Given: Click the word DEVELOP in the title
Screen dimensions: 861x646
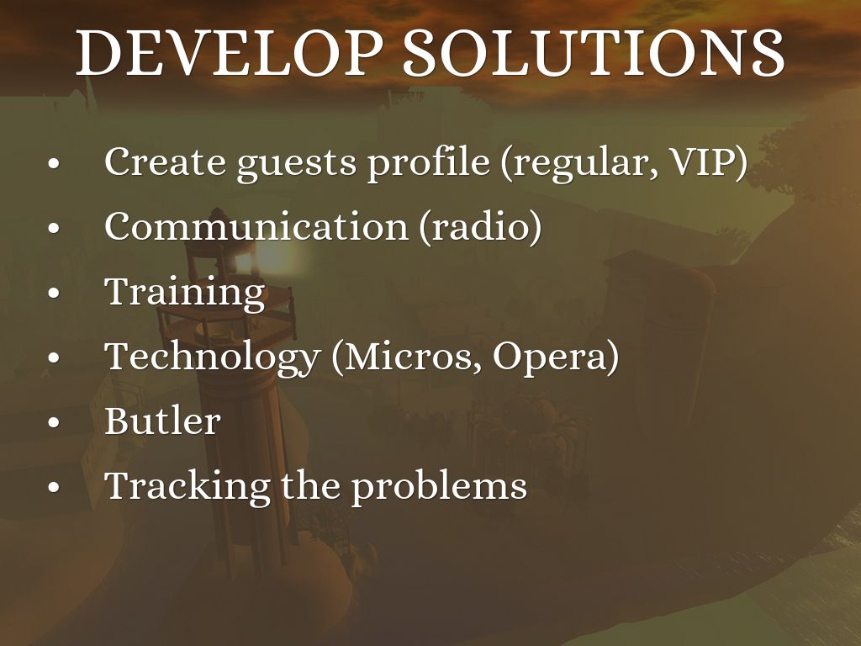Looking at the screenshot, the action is click(x=229, y=52).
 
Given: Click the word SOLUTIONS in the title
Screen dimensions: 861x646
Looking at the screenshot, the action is click(x=594, y=52).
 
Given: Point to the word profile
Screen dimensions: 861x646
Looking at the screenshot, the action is click(x=428, y=163).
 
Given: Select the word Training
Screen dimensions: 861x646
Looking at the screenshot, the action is click(x=185, y=292).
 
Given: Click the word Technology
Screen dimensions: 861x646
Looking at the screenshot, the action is click(x=213, y=357).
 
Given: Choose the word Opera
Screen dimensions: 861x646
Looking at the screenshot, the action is click(x=550, y=358).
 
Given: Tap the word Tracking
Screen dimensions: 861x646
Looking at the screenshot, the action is click(x=188, y=487).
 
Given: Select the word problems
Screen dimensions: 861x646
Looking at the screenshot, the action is click(x=439, y=487).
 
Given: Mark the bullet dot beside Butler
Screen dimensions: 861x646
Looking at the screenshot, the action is click(x=53, y=423).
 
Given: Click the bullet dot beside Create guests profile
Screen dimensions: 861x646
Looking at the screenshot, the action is click(x=53, y=164).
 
